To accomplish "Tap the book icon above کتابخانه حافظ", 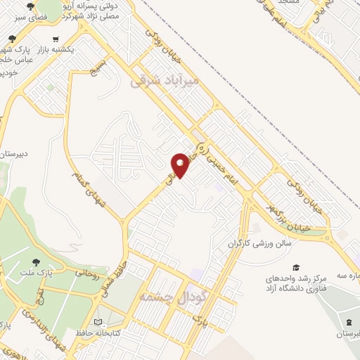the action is point(107,319).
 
